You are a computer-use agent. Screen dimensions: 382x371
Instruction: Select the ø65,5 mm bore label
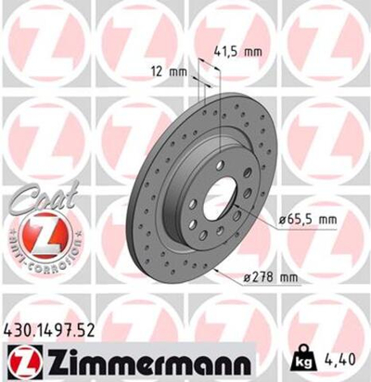[x=306, y=219]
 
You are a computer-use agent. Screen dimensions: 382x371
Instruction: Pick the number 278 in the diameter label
[x=263, y=276]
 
